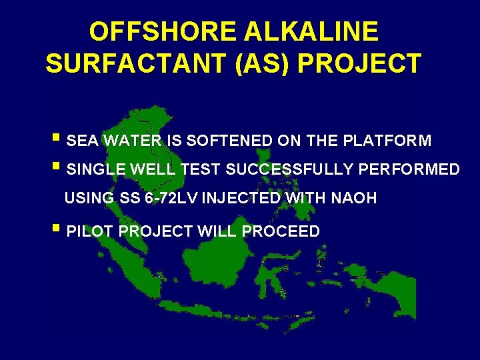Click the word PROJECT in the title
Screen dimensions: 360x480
[x=359, y=63]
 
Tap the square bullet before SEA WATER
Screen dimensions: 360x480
[x=60, y=139]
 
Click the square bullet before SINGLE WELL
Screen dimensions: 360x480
[x=60, y=168]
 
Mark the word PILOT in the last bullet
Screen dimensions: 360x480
[x=92, y=232]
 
